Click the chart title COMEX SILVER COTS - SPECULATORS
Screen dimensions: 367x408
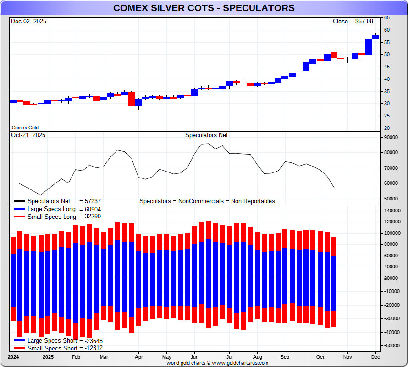pyautogui.click(x=204, y=8)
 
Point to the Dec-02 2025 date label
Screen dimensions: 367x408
pyautogui.click(x=28, y=22)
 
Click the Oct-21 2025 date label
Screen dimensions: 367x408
pyautogui.click(x=28, y=135)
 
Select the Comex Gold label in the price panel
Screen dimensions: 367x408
pyautogui.click(x=25, y=128)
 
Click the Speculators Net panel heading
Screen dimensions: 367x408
pyautogui.click(x=206, y=135)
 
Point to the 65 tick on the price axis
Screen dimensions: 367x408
pyautogui.click(x=387, y=17)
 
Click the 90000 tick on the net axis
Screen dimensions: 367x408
pyautogui.click(x=391, y=137)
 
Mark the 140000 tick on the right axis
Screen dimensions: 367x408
pyautogui.click(x=392, y=210)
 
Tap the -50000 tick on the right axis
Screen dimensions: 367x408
pyautogui.click(x=392, y=345)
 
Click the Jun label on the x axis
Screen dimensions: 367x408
pyautogui.click(x=194, y=357)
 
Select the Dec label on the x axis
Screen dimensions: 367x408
pyautogui.click(x=375, y=357)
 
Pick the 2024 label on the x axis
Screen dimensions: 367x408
pyautogui.click(x=13, y=357)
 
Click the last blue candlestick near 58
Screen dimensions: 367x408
pyautogui.click(x=375, y=37)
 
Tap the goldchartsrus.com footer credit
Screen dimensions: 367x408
pyautogui.click(x=217, y=363)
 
